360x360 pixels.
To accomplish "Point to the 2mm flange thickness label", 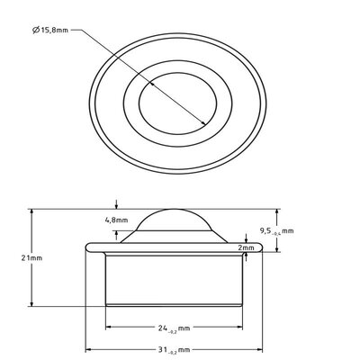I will [247, 246].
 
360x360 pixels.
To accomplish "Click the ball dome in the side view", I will [176, 224].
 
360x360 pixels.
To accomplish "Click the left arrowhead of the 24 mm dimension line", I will [110, 328].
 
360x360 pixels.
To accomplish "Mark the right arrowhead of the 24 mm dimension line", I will [243, 328].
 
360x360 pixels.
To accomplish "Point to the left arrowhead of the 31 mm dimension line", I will [88, 349].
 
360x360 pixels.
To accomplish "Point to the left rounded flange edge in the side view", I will [87, 247].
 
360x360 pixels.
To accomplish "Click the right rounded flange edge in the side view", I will [265, 247].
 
